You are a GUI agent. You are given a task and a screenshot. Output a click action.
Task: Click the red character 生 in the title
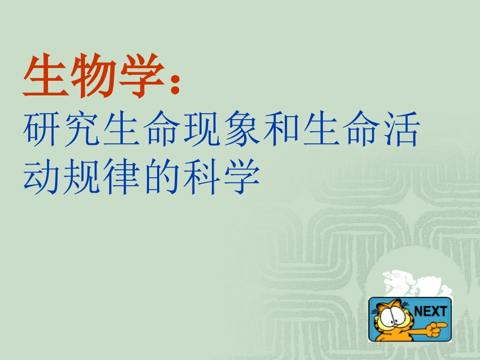pyautogui.click(x=43, y=77)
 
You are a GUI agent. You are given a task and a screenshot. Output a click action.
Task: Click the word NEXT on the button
pyautogui.click(x=430, y=311)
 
